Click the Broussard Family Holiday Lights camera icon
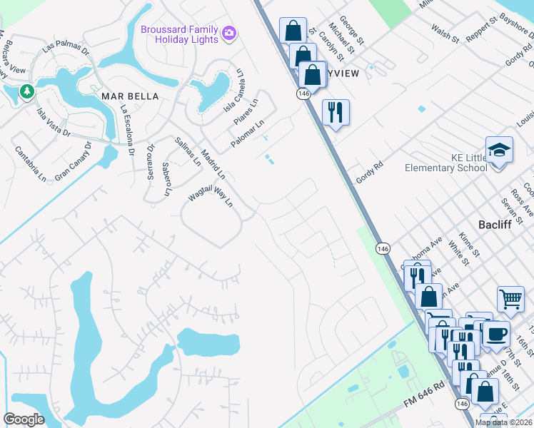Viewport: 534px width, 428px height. (229, 33)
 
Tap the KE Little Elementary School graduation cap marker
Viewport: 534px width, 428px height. (499, 151)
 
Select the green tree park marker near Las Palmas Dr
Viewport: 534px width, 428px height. (26, 91)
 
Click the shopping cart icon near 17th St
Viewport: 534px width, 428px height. (510, 299)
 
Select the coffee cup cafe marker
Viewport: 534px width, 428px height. (495, 333)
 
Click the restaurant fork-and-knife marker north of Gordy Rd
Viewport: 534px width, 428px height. (335, 112)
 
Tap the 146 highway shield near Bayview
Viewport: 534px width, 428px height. (303, 93)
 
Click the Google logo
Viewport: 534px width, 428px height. (24, 419)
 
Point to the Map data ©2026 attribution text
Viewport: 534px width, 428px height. (504, 422)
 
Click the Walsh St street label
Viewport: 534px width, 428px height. (445, 33)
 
